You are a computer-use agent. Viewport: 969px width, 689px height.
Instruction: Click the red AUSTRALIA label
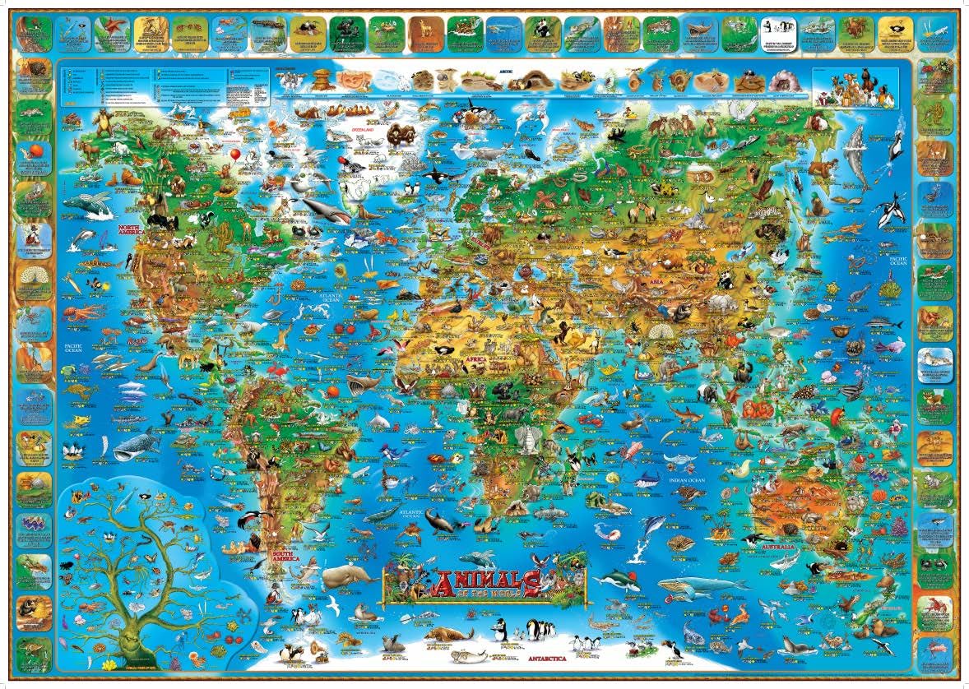[x=777, y=546]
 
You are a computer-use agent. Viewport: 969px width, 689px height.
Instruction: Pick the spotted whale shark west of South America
[x=136, y=444]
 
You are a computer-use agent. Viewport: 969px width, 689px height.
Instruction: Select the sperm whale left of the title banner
[x=348, y=576]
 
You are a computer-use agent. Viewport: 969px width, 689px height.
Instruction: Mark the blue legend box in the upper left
[x=165, y=84]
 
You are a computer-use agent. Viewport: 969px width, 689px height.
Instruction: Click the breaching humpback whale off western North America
[x=88, y=204]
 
